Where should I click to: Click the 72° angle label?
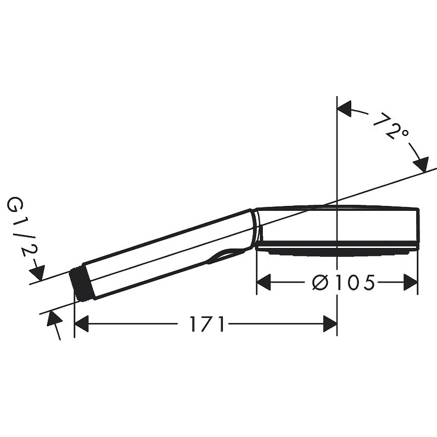pyautogui.click(x=391, y=126)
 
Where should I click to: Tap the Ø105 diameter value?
pyautogui.click(x=343, y=282)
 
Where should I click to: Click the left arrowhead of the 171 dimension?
pyautogui.click(x=81, y=324)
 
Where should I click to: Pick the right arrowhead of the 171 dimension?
pyautogui.click(x=330, y=324)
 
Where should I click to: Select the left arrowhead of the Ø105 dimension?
pyautogui.click(x=264, y=282)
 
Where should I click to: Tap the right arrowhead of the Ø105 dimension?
pyautogui.click(x=411, y=282)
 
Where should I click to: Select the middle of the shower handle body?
pyautogui.click(x=169, y=254)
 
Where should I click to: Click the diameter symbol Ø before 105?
pyautogui.click(x=320, y=282)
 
